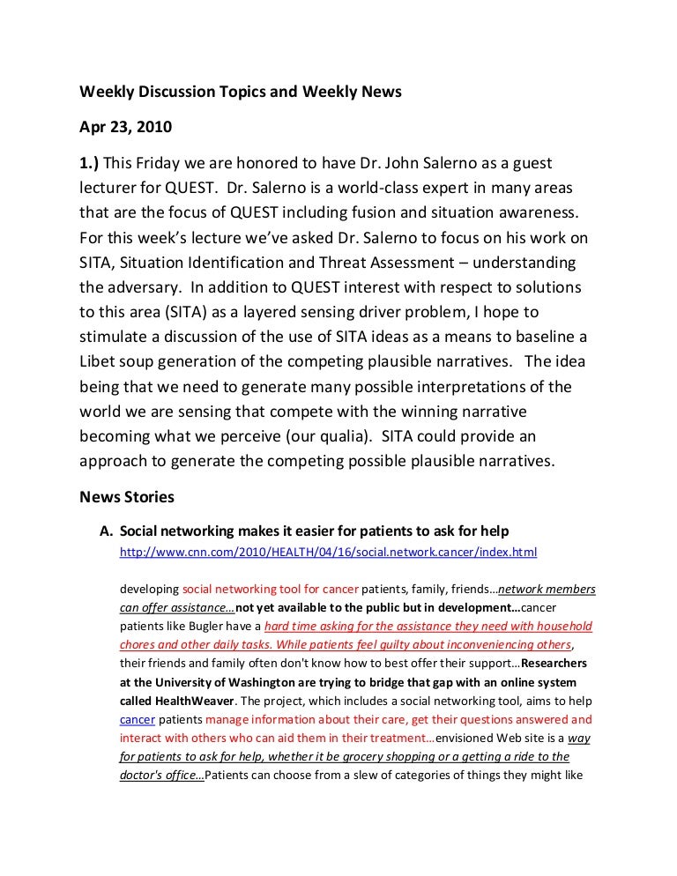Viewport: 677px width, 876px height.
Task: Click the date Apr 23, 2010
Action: pos(126,126)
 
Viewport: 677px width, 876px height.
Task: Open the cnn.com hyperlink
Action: pos(328,553)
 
